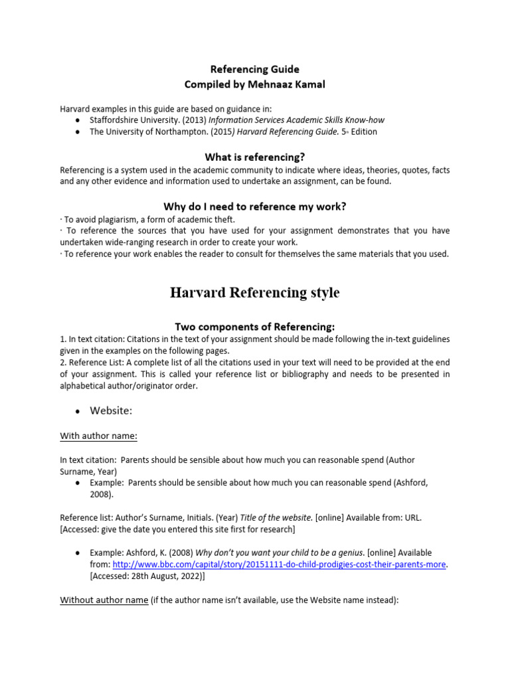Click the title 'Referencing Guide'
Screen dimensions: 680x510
point(255,69)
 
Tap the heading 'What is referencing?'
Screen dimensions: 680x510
point(255,157)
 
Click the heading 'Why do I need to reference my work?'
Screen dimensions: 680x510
point(255,207)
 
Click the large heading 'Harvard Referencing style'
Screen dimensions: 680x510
point(255,293)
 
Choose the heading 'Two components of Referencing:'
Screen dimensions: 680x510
point(255,326)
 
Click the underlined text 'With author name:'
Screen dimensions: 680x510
point(99,436)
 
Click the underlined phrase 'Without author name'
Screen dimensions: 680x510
point(104,600)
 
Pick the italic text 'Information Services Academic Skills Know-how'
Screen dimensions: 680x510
point(297,120)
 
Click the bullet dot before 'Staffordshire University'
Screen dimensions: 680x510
point(78,120)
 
